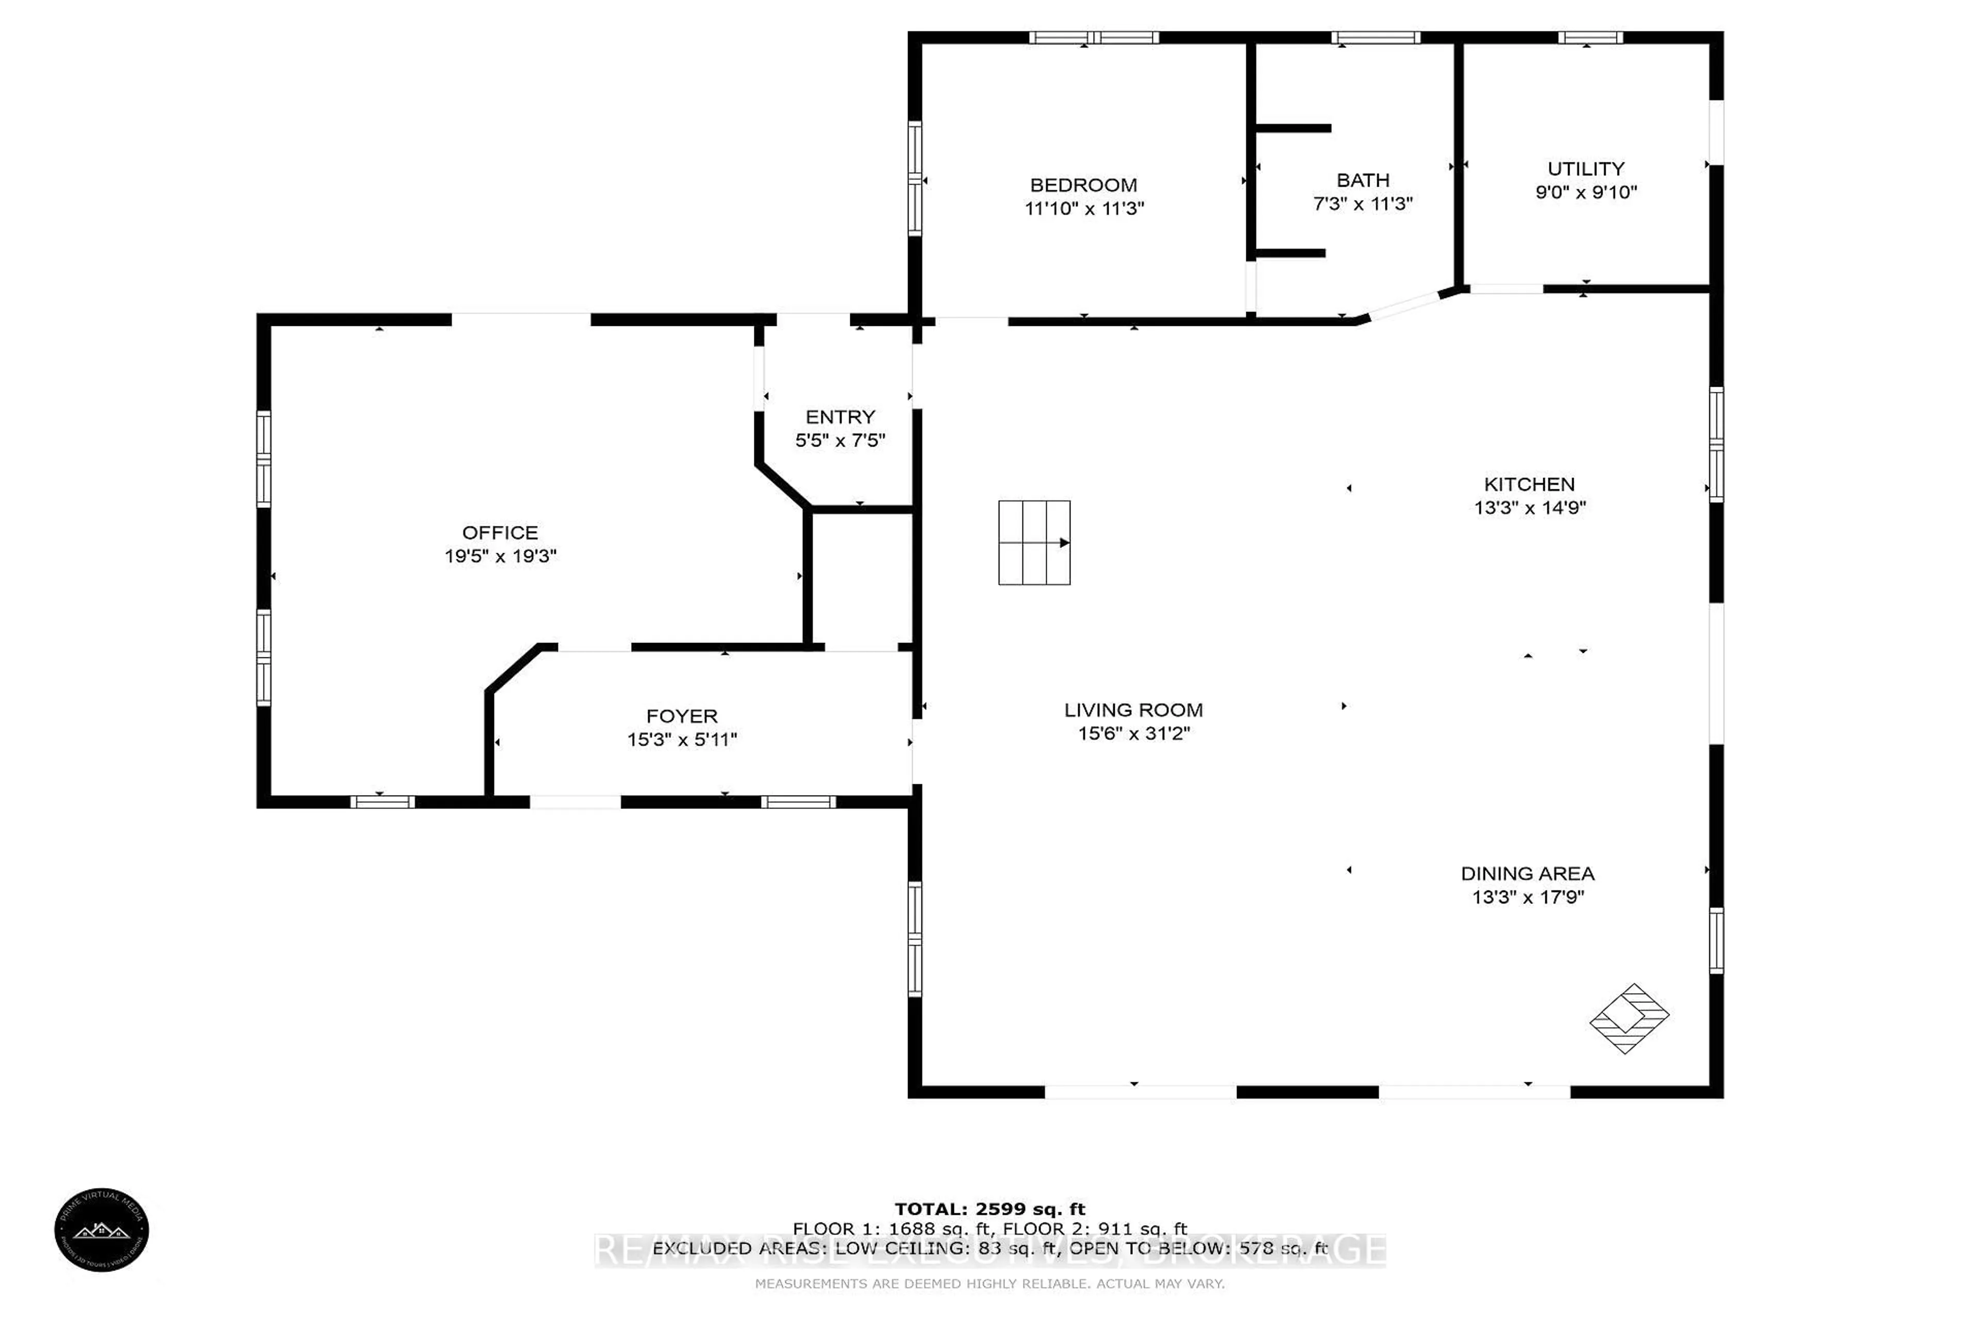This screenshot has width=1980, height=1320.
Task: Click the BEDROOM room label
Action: click(1083, 185)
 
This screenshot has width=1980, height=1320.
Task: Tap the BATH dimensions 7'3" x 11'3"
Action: click(1362, 204)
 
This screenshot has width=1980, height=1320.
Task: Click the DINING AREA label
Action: click(1527, 874)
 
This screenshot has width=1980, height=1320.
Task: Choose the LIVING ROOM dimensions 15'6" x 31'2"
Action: click(1133, 733)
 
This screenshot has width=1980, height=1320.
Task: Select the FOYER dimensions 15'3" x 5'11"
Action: click(681, 739)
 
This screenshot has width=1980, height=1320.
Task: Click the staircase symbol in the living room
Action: click(1034, 543)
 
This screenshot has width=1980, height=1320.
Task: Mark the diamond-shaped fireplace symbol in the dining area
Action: click(1628, 1019)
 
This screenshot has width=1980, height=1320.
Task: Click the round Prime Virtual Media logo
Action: click(102, 1229)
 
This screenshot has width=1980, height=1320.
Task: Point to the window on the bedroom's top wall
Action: click(1094, 37)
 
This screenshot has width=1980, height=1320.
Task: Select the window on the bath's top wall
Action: click(1376, 37)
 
